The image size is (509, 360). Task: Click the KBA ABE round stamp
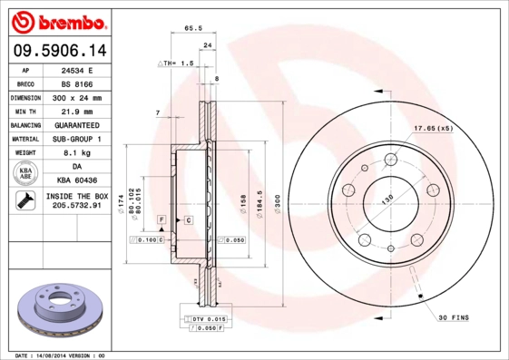pyautogui.click(x=25, y=174)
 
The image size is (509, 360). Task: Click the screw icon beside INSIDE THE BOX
pyautogui.click(x=25, y=201)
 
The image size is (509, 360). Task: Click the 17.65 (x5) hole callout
pyautogui.click(x=432, y=128)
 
